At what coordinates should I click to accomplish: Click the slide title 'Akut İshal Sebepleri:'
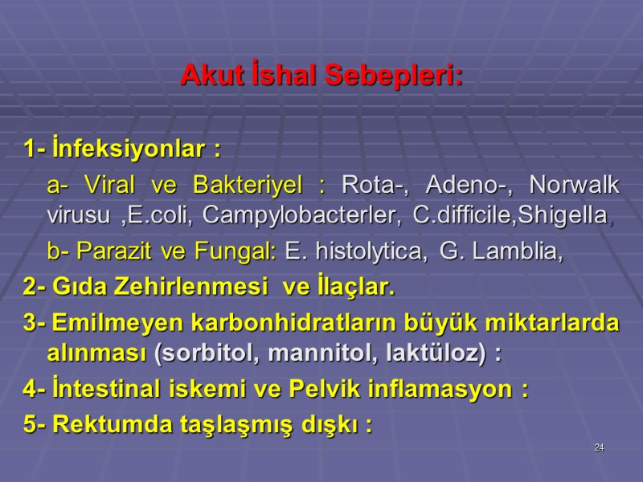point(321,76)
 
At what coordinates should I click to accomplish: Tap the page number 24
point(599,447)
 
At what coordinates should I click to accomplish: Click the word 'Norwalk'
point(575,186)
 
